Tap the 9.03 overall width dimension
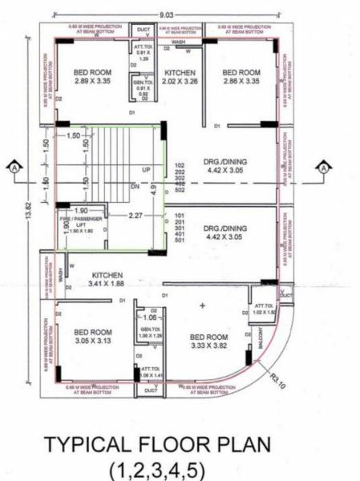click(165, 14)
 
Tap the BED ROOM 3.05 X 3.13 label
click(91, 336)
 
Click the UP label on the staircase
click(146, 171)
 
